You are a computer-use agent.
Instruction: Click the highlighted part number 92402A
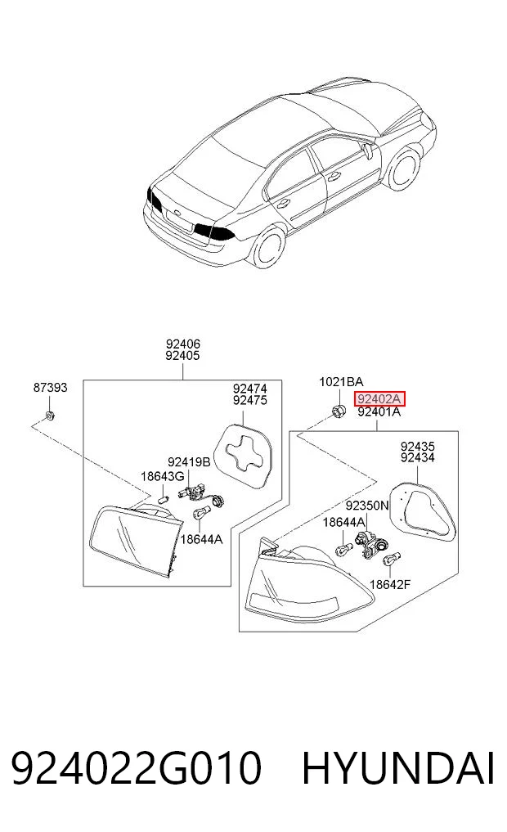(x=379, y=398)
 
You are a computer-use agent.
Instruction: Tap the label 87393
(x=51, y=388)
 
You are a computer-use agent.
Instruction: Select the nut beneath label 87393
(x=49, y=415)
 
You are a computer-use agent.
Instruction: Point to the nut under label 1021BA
(x=339, y=410)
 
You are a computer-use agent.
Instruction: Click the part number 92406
(x=182, y=344)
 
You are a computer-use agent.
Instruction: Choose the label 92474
(x=249, y=389)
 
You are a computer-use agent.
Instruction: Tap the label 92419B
(x=189, y=462)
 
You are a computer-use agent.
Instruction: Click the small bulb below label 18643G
(x=164, y=499)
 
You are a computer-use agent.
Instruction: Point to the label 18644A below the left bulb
(x=201, y=540)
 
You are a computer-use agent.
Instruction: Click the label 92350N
(x=367, y=506)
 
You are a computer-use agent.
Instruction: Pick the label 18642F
(x=390, y=585)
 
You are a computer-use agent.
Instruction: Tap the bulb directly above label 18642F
(x=393, y=558)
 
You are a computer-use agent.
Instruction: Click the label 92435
(x=417, y=447)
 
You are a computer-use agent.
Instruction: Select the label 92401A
(x=379, y=412)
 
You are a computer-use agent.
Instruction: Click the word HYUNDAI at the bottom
(x=398, y=767)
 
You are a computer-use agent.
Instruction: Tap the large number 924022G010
(x=137, y=767)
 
